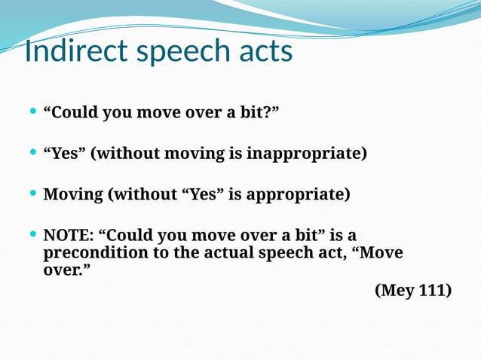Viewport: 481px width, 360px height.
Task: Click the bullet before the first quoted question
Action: pos(32,112)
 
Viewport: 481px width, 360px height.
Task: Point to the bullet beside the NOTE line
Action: pos(32,235)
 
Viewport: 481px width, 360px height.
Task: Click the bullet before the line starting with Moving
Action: pos(32,194)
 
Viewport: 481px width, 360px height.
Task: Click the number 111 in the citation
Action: pos(433,290)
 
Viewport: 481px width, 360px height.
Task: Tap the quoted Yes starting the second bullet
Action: pos(65,154)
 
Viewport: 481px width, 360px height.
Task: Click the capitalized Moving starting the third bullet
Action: pos(73,195)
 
